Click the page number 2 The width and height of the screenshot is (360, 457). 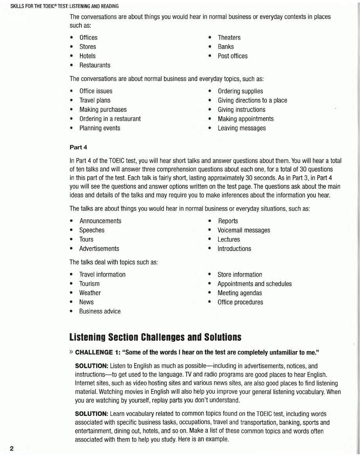point(12,448)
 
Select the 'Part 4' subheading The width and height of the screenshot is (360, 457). point(76,147)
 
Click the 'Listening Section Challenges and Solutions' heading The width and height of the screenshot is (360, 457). point(155,337)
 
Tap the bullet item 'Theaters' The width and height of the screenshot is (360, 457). point(229,38)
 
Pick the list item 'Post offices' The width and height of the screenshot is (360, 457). point(232,56)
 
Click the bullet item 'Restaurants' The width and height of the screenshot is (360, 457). point(95,65)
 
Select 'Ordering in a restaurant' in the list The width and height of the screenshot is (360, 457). point(110,119)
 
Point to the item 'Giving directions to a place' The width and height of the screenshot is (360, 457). point(252,100)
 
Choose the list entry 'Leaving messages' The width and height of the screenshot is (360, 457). point(241,128)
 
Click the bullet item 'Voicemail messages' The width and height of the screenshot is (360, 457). point(244,230)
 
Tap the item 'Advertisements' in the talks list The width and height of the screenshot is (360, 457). point(99,249)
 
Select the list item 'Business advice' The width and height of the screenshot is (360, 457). point(100,312)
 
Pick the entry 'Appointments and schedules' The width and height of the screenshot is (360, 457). point(254,284)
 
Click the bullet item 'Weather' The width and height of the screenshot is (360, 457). point(90,293)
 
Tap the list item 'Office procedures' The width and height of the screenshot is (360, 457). point(240,302)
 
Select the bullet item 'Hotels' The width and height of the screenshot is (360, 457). point(87,56)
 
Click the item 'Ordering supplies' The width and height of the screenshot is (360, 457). point(240,91)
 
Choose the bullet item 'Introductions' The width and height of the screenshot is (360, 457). point(234,249)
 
